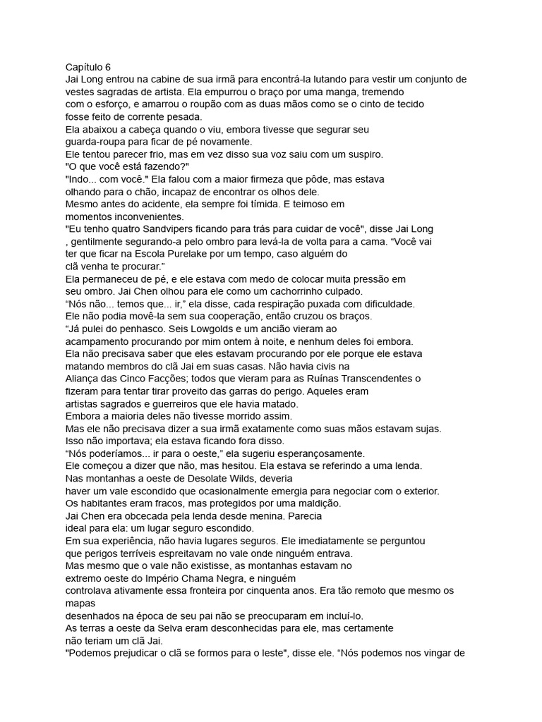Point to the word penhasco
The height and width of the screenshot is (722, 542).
point(146,328)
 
